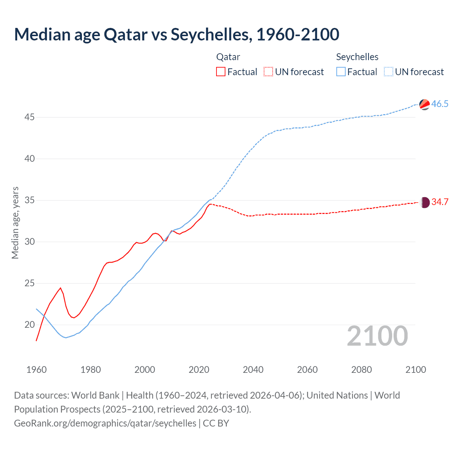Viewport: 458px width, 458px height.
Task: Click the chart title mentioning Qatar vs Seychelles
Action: tap(176, 34)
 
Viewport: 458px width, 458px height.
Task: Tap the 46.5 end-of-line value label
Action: tap(440, 104)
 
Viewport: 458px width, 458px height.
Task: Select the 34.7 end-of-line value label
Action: tap(440, 202)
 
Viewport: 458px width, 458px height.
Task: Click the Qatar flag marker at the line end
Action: tap(424, 203)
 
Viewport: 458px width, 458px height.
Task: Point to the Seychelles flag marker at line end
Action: tap(424, 104)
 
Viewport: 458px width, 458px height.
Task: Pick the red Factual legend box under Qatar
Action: tap(221, 72)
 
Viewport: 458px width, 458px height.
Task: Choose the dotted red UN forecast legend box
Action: tap(268, 72)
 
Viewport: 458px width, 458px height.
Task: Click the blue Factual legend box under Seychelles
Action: tap(341, 72)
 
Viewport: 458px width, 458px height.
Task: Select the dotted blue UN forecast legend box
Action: tap(389, 72)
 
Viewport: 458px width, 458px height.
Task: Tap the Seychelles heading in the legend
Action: tap(357, 57)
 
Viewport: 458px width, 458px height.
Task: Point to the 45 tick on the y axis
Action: tap(30, 117)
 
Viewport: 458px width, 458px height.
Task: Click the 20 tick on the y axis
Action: tap(30, 325)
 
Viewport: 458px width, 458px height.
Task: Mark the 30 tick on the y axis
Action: tap(30, 242)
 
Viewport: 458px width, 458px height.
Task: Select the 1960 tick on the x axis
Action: tap(36, 370)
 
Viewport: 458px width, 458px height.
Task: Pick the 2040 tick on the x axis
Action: tap(253, 370)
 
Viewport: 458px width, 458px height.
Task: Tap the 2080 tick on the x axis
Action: tap(361, 370)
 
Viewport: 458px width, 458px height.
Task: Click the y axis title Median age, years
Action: tap(15, 223)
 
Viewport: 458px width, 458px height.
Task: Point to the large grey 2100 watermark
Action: tap(377, 336)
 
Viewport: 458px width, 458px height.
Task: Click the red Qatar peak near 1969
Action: tap(60, 288)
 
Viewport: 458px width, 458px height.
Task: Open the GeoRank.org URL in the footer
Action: tap(105, 423)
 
